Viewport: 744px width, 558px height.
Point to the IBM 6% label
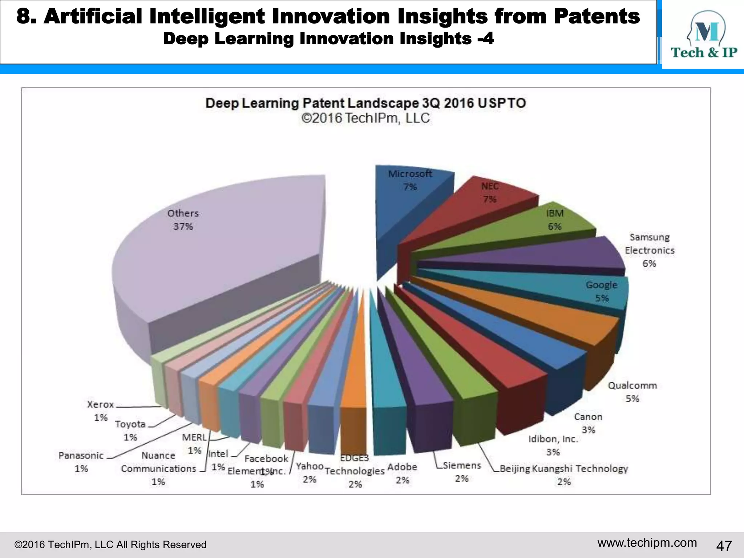(x=555, y=220)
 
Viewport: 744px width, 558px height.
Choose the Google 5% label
(x=602, y=291)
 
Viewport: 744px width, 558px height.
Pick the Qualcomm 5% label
(x=632, y=392)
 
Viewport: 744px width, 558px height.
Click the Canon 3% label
(x=588, y=423)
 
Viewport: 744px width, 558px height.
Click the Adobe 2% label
(x=402, y=473)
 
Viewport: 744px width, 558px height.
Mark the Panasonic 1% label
(x=81, y=462)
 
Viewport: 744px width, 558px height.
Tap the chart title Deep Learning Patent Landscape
(x=365, y=103)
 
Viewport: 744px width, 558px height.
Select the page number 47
(x=724, y=546)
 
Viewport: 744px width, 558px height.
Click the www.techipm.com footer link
(x=647, y=543)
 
